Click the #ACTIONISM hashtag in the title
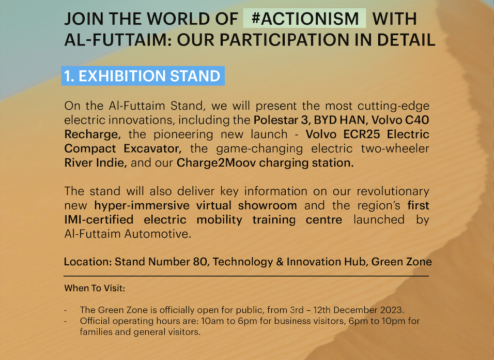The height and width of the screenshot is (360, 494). coord(305,18)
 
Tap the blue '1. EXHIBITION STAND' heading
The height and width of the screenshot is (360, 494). coord(143,76)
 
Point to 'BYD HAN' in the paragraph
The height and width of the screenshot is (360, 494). coord(339,120)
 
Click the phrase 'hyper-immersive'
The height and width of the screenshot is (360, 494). coord(142,205)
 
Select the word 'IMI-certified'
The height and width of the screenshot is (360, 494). coord(99,219)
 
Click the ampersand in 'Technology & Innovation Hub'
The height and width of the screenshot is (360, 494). coord(280,262)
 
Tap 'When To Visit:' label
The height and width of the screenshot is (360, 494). coord(95,288)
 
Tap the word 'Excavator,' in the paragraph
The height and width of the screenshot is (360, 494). coord(152,148)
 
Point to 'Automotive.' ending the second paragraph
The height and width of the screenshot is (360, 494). coord(158,234)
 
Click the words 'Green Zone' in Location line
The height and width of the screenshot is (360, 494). coord(402,262)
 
